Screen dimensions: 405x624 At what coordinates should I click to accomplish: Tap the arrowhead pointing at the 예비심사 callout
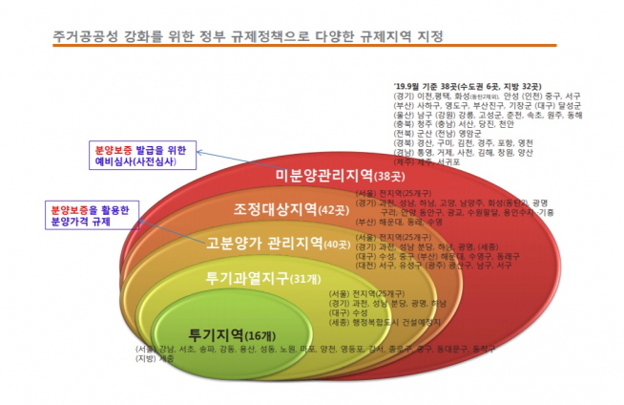pyautogui.click(x=201, y=150)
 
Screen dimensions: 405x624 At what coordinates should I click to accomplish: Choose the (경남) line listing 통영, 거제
pyautogui.click(x=463, y=152)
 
